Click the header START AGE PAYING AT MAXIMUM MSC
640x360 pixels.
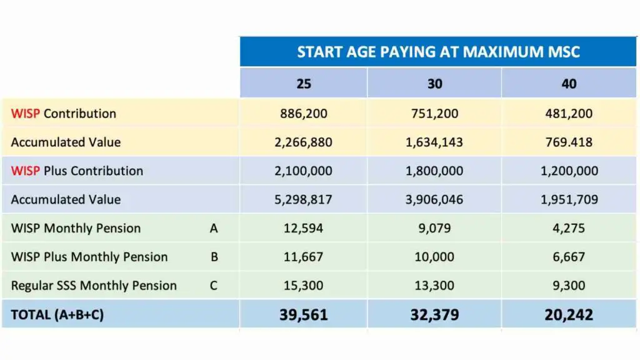[x=438, y=51]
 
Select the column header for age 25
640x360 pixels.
[x=304, y=83]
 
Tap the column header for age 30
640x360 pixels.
[x=434, y=83]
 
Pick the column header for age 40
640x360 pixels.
[x=569, y=83]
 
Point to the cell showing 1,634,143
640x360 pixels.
[x=434, y=142]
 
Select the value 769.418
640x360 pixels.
[x=569, y=142]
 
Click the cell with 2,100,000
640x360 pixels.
[x=304, y=171]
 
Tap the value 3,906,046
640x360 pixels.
[x=434, y=200]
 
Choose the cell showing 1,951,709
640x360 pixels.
[x=569, y=200]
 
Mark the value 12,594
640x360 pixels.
[x=304, y=229]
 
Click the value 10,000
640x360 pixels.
[x=434, y=257]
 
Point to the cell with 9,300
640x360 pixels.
[x=569, y=286]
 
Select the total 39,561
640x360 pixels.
[x=304, y=315]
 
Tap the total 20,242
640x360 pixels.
[x=569, y=315]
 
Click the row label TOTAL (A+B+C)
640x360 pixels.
[x=57, y=315]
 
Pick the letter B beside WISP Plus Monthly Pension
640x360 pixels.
[x=214, y=257]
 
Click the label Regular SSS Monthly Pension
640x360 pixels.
[x=94, y=286]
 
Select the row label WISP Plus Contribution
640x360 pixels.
[x=77, y=171]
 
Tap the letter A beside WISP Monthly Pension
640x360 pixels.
[x=214, y=229]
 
